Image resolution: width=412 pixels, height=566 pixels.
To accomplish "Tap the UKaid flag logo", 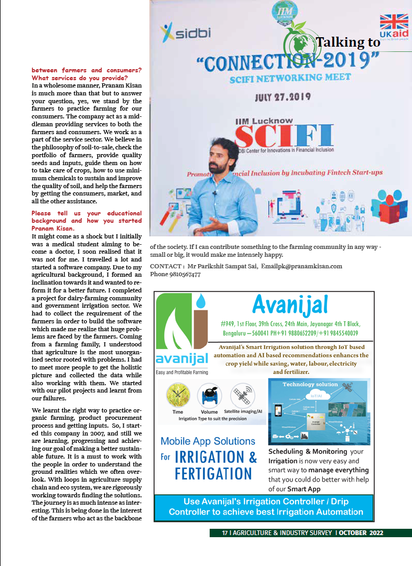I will pyautogui.click(x=394, y=27).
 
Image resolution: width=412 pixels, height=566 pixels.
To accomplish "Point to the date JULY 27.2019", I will pyautogui.click(x=283, y=97).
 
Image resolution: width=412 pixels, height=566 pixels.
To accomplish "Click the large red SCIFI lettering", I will pyautogui.click(x=283, y=136).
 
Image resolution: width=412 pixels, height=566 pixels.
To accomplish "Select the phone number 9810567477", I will pyautogui.click(x=182, y=274).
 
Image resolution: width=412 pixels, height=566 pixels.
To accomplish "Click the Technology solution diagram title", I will pyautogui.click(x=310, y=384).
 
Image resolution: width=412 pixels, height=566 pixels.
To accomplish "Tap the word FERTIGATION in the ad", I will pyautogui.click(x=213, y=474).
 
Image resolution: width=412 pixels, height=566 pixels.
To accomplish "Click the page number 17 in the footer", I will pyautogui.click(x=225, y=533).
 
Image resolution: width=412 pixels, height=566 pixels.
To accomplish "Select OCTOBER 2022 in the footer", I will pyautogui.click(x=361, y=533).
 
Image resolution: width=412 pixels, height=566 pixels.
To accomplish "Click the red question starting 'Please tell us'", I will pyautogui.click(x=86, y=221).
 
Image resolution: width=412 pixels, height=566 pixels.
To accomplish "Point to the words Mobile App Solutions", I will pyautogui.click(x=208, y=441).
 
